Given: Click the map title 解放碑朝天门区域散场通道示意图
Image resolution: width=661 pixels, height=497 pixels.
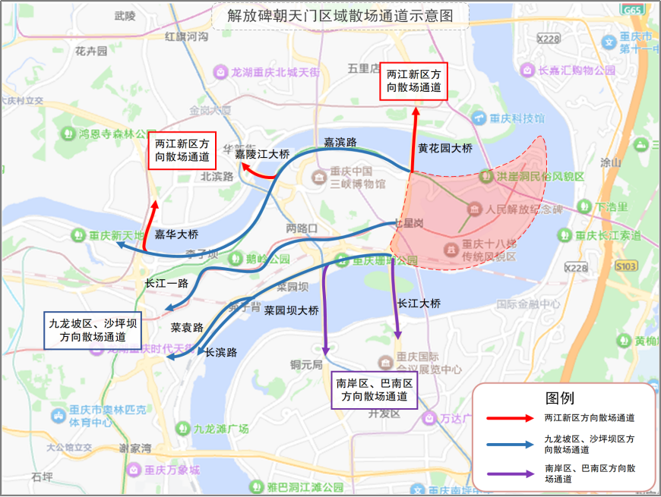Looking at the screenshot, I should coord(340,15).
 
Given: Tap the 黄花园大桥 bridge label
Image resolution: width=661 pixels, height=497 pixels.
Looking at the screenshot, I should coord(445,149).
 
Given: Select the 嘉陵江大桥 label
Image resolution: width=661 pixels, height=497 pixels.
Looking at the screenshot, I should coord(262,154).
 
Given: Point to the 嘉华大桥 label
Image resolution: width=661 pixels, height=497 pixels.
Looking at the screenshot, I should coord(176,234).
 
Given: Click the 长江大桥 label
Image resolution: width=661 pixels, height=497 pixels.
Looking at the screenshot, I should coord(419,303).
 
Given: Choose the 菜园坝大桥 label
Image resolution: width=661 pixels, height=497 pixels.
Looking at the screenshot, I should coord(291,310).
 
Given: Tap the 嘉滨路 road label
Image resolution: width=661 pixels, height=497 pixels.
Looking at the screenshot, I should coord(340,142).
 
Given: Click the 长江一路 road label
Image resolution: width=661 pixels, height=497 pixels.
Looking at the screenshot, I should coord(166,282).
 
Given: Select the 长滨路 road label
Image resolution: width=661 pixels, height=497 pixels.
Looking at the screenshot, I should coord(221,352).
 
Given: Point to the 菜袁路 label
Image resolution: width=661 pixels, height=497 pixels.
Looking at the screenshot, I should coord(187,328).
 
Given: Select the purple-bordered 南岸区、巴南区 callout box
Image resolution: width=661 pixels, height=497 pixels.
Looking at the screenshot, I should coord(375,390).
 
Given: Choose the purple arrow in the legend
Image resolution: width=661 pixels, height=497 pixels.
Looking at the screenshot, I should coord(508,474).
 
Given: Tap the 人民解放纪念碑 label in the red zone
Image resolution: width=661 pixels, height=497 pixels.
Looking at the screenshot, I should coord(520,209).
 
